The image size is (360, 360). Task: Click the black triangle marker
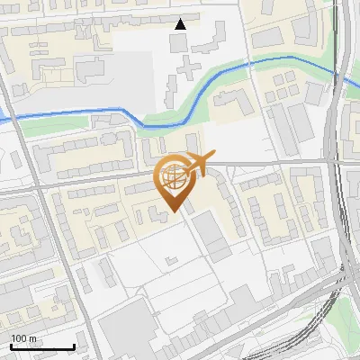(181, 24)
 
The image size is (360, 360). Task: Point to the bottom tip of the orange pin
(174, 211)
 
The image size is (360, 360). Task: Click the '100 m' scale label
(24, 338)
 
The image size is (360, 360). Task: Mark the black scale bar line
(42, 346)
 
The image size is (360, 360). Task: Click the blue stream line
(90, 112)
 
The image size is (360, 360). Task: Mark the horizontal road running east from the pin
(270, 162)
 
